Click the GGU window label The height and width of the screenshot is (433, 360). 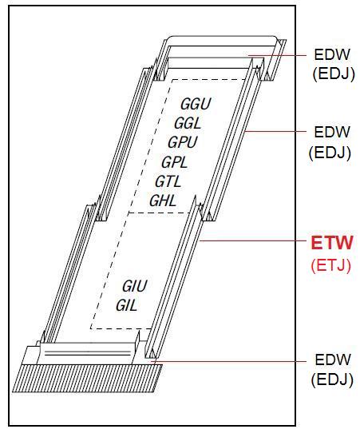196,104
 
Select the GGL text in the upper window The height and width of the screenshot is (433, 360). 188,123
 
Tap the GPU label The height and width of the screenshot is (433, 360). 183,142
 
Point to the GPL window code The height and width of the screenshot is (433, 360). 175,162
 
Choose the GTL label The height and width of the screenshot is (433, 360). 168,181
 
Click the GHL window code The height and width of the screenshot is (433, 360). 163,201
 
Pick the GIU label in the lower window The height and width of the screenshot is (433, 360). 135,286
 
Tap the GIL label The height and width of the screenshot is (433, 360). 127,305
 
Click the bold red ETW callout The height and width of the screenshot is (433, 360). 332,243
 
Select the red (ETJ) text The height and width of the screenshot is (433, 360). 331,265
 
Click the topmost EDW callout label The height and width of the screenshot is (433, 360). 332,54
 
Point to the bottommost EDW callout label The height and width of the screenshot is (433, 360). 333,360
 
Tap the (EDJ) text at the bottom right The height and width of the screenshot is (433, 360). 332,380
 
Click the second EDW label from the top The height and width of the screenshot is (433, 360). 332,132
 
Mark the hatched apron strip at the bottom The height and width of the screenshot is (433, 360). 87,378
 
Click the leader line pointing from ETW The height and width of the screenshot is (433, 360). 253,240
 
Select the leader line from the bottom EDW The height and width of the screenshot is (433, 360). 228,361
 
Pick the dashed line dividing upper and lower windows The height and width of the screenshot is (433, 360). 159,213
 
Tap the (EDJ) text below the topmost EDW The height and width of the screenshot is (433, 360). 333,73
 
